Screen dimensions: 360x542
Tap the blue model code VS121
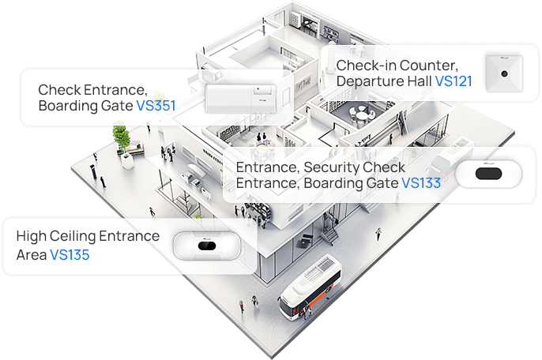coord(454,81)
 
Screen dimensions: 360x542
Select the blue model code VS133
coord(421,183)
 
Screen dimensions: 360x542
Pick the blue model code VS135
coord(70,255)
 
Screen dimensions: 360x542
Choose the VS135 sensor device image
coord(206,246)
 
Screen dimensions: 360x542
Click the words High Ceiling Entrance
coord(88,236)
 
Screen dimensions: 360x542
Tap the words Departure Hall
coord(384,81)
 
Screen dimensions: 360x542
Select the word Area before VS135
coord(32,255)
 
